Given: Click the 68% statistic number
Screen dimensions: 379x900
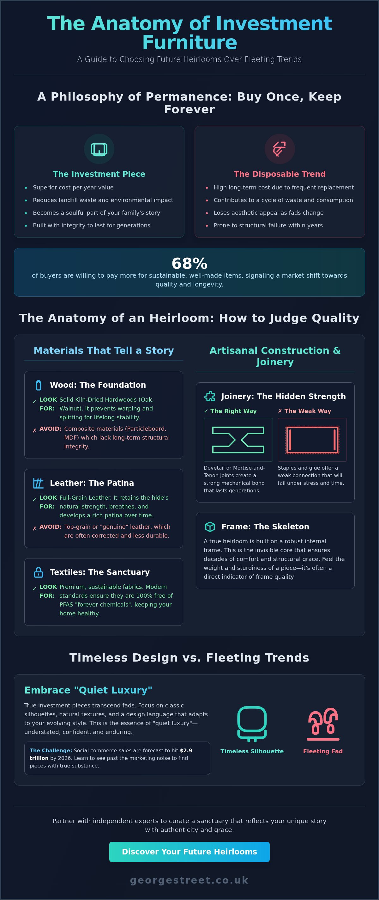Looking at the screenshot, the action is [189, 263].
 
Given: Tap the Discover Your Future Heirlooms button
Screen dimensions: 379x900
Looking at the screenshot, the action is [189, 852].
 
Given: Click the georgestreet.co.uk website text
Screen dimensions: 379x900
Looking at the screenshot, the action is [189, 880].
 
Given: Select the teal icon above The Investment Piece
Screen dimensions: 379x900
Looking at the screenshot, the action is [99, 149].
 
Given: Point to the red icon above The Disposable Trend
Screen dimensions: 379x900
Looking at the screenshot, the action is [280, 149].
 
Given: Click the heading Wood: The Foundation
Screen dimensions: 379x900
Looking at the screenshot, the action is [98, 385].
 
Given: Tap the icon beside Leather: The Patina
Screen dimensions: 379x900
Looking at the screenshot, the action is [39, 483].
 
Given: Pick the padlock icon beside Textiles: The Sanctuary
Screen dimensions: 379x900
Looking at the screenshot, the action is [39, 572].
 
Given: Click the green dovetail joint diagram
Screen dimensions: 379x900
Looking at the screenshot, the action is [238, 440].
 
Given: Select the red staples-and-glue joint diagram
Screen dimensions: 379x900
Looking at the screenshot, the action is [312, 440].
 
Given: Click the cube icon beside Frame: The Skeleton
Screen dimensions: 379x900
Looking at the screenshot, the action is [210, 527].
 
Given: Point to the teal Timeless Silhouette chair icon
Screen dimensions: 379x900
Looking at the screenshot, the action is [252, 724].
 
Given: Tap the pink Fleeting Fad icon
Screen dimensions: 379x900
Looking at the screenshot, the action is [323, 724].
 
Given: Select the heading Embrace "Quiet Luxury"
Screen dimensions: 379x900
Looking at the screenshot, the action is [88, 690].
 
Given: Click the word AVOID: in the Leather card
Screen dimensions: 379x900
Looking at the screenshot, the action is [50, 527].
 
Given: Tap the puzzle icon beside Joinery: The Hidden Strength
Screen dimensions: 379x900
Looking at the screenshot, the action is [210, 396].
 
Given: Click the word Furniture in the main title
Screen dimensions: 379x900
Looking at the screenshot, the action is [189, 43].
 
